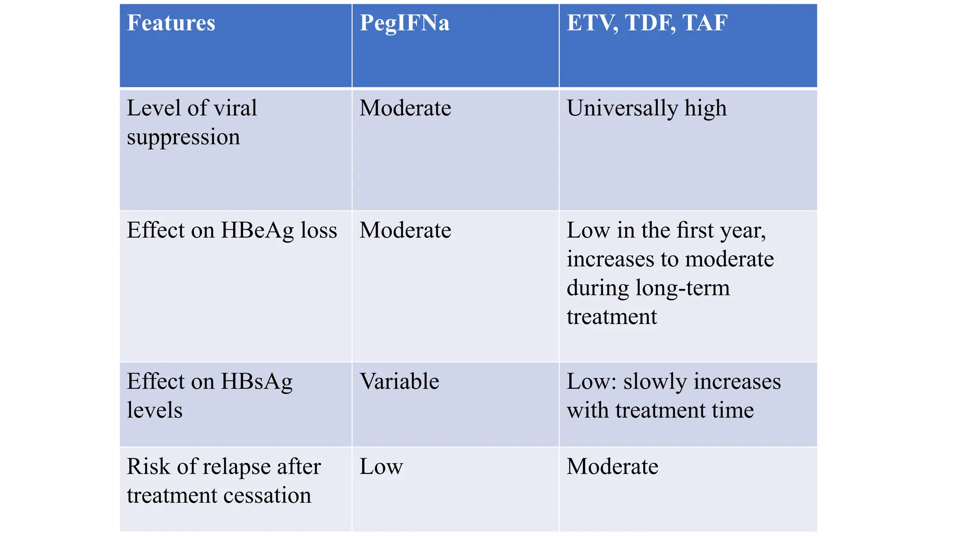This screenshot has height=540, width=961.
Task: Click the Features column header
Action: (171, 23)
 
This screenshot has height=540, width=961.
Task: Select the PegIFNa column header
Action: (404, 23)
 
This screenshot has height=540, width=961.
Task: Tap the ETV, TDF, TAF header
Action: (647, 23)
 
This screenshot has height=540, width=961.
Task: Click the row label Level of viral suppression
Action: (191, 122)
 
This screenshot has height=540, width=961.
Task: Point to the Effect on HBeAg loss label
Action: (232, 230)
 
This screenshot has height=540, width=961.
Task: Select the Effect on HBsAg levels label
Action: (209, 396)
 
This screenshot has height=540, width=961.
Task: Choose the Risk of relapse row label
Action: (223, 480)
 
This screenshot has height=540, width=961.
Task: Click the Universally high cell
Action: (647, 108)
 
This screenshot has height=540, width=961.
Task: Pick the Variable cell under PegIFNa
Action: (399, 381)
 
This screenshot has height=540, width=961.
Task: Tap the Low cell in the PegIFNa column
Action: (381, 466)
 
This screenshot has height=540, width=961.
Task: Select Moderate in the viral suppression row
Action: (405, 108)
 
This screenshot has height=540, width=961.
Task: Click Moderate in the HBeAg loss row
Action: (405, 230)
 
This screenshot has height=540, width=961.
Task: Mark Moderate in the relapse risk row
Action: (612, 466)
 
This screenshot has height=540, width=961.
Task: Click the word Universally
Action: (622, 108)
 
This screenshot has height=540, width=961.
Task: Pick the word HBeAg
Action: (258, 230)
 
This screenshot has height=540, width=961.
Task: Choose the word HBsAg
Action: (257, 382)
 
